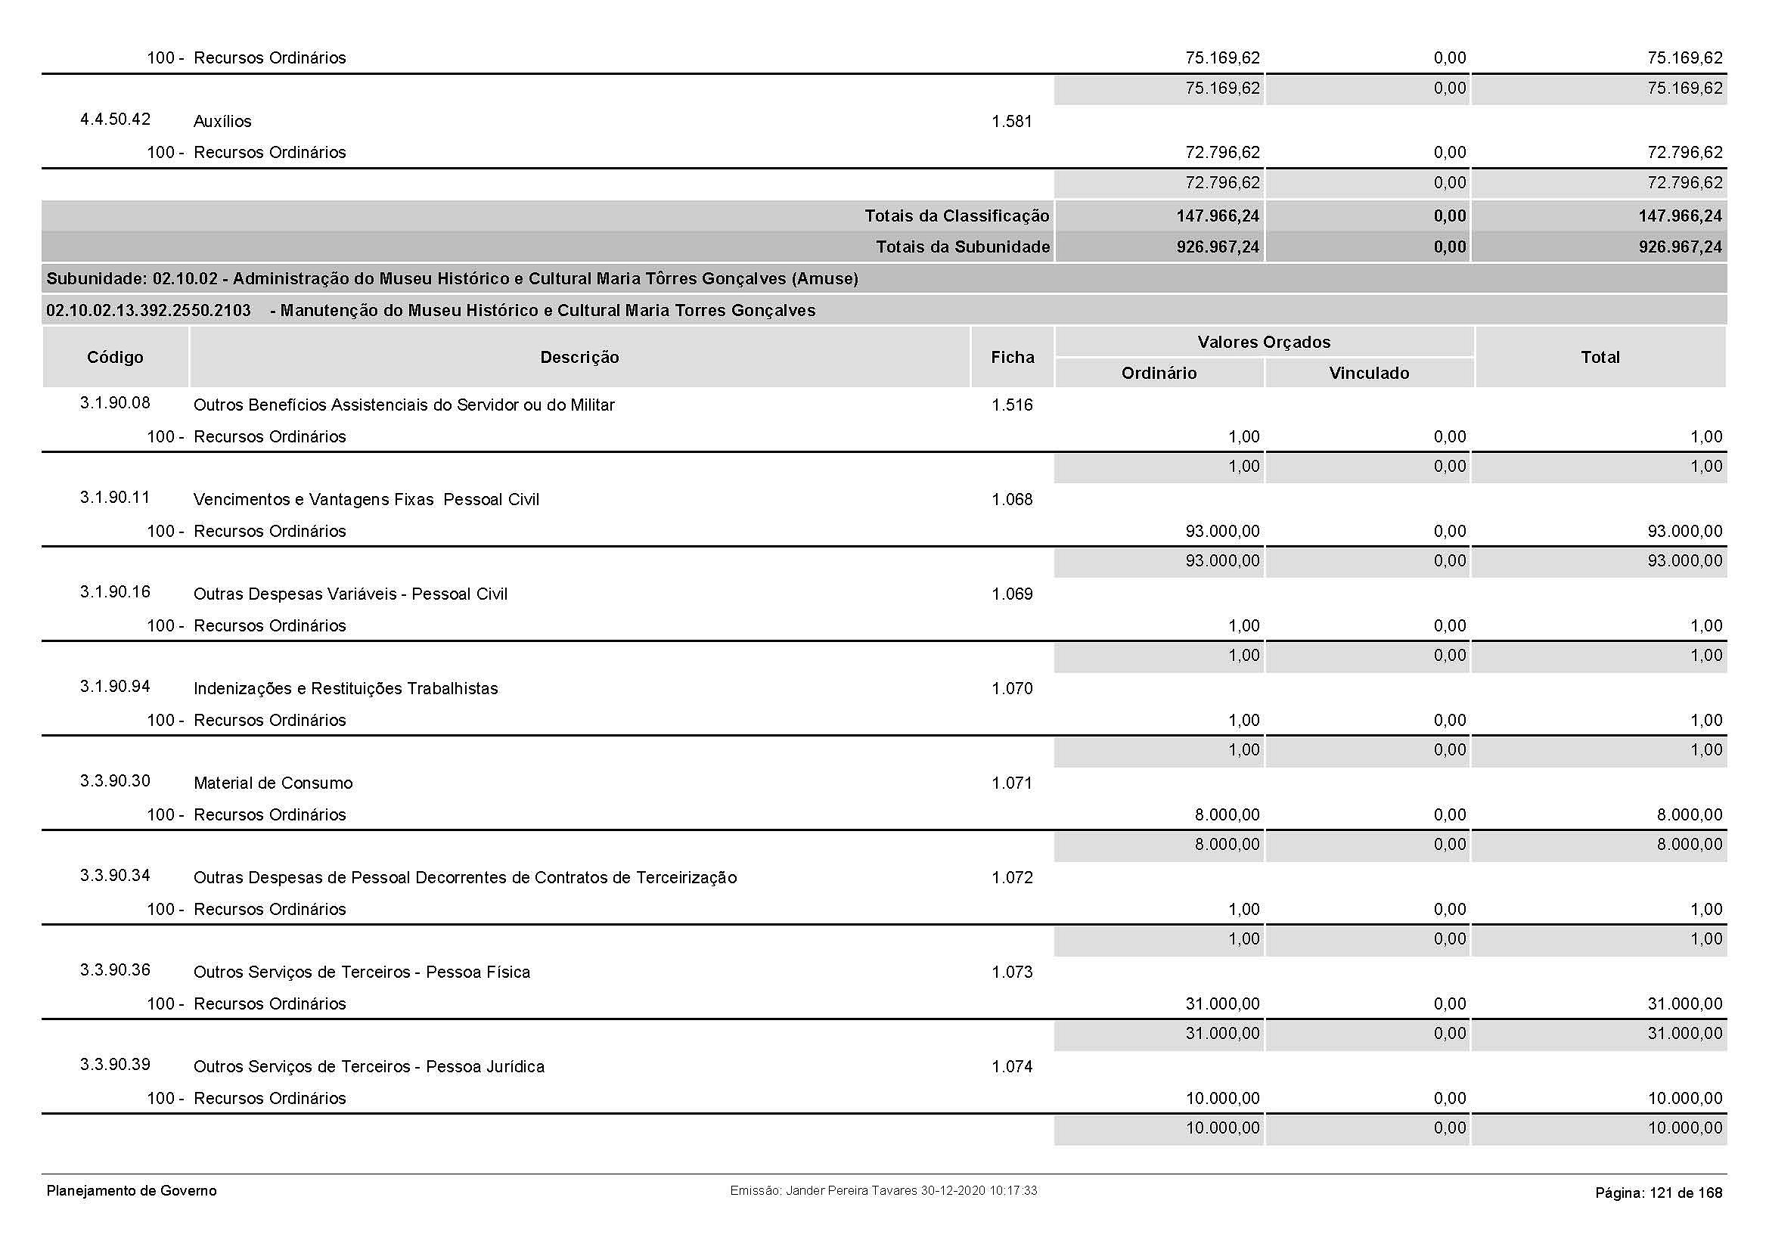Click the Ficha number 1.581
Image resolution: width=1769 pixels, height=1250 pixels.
(x=1012, y=122)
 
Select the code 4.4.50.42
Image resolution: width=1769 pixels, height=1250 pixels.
(x=115, y=119)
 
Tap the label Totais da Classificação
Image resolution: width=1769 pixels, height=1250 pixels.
(x=956, y=216)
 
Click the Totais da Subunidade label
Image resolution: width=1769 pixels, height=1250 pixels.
(x=962, y=247)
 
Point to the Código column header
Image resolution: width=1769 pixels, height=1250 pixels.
(x=115, y=358)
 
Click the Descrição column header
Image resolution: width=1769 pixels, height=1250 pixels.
(x=579, y=358)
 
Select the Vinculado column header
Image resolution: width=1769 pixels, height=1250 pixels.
(x=1368, y=374)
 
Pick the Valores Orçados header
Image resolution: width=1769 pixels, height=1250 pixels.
(x=1264, y=342)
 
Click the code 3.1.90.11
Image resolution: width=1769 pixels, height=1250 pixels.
(x=115, y=498)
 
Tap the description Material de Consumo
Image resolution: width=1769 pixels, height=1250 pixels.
(x=273, y=783)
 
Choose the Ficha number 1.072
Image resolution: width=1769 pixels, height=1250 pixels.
(x=1012, y=878)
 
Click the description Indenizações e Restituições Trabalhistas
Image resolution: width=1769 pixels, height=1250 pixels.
(x=345, y=689)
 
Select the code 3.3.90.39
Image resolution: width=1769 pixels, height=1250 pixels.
(x=115, y=1065)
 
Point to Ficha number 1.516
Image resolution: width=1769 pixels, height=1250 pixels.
(x=1012, y=405)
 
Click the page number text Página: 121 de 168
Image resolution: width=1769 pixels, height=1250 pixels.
(x=1658, y=1193)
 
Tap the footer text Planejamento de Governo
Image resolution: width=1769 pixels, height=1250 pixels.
(x=131, y=1191)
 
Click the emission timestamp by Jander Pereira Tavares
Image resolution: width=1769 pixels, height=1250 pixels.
(x=883, y=1191)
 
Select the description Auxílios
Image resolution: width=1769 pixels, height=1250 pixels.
(x=222, y=122)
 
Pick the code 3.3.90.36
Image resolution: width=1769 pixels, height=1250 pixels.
(x=115, y=969)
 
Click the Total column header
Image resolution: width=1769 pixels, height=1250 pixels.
(x=1600, y=358)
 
